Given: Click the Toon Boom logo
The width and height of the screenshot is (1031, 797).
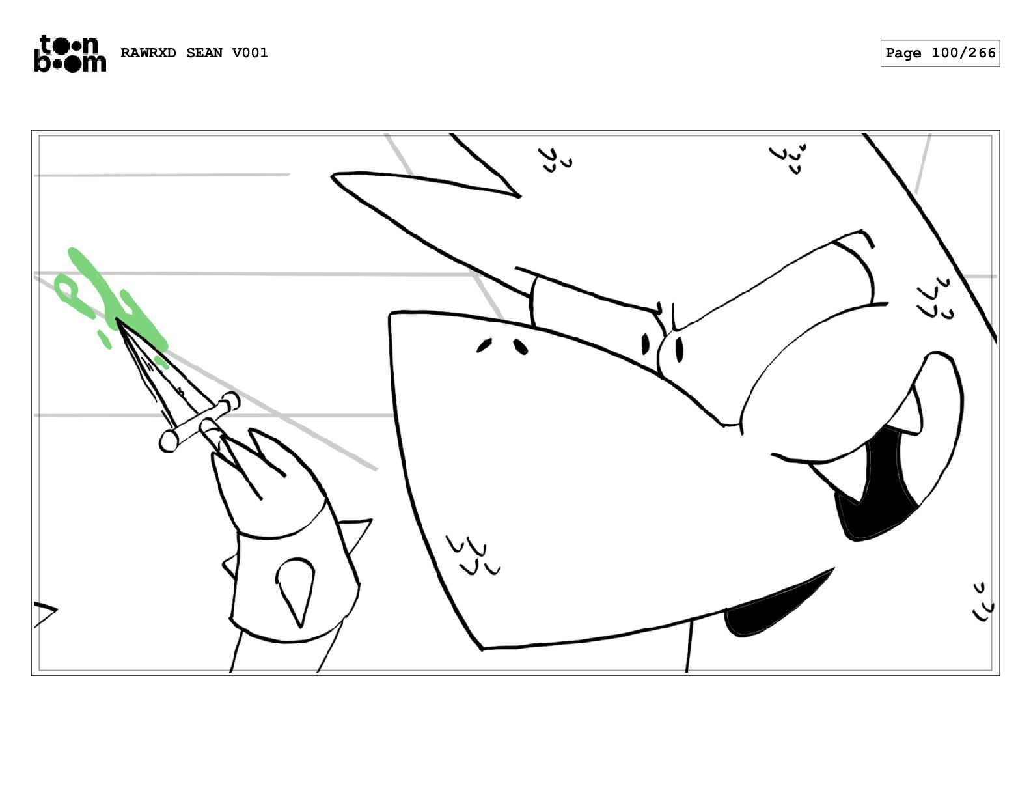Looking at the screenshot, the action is click(70, 53).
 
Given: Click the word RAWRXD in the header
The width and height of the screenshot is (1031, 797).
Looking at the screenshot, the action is click(148, 53).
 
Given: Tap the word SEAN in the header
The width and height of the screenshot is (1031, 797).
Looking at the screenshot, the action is click(204, 53).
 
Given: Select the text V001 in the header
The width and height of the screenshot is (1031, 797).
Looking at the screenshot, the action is click(250, 53).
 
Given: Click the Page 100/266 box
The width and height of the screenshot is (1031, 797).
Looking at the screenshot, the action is click(939, 53).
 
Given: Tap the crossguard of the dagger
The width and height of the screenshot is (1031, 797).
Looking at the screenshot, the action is click(199, 421).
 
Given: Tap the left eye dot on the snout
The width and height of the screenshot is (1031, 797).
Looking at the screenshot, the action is click(484, 346).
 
